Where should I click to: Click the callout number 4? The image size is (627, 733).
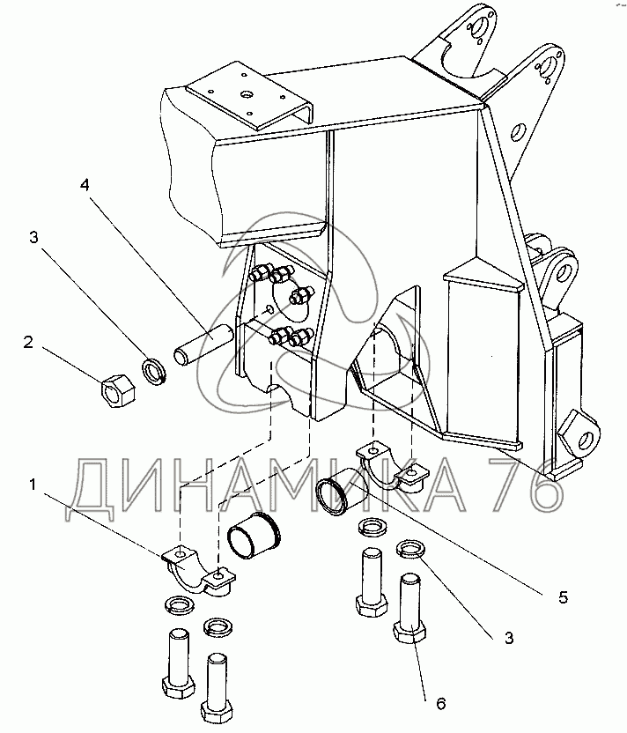(x=85, y=186)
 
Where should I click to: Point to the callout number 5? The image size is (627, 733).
(x=564, y=596)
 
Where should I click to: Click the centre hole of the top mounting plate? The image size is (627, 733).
(x=245, y=91)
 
